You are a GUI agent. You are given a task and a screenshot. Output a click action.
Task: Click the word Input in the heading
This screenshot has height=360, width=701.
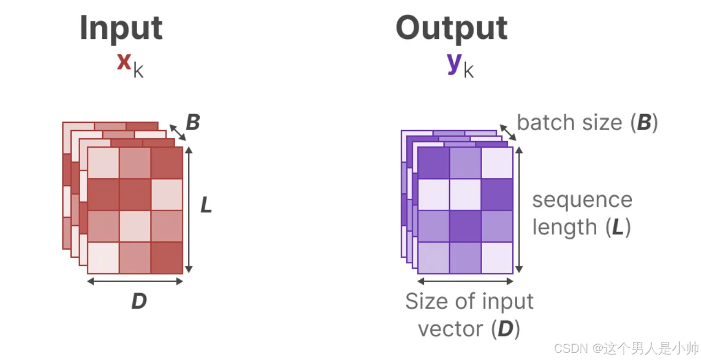click(121, 28)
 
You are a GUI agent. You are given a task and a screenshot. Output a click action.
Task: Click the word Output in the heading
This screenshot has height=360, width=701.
click(452, 28)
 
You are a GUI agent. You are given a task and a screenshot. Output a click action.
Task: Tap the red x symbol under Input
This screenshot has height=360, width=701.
click(124, 62)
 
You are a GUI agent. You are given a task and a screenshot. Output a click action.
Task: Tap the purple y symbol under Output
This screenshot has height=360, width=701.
click(454, 63)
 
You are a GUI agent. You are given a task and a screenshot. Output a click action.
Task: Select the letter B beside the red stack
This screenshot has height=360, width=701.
click(193, 123)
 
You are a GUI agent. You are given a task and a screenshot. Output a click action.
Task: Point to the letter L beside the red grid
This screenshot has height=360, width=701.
click(206, 205)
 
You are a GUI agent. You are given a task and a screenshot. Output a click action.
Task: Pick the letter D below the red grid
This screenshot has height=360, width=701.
click(139, 301)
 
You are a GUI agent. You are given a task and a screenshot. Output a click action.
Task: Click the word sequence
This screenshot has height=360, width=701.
click(582, 200)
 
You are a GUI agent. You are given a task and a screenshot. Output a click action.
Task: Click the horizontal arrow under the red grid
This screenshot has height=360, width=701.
click(135, 282)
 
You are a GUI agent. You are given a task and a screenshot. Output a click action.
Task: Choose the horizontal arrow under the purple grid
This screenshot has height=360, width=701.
click(466, 282)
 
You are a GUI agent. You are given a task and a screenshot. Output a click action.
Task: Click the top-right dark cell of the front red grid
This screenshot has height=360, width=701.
click(167, 162)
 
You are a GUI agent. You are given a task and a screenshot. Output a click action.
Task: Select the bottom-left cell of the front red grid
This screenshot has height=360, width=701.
click(103, 257)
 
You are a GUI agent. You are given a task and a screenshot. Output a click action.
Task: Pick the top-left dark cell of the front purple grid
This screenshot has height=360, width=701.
click(434, 162)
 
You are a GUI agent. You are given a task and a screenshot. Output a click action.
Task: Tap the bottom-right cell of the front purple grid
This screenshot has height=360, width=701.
click(497, 257)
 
